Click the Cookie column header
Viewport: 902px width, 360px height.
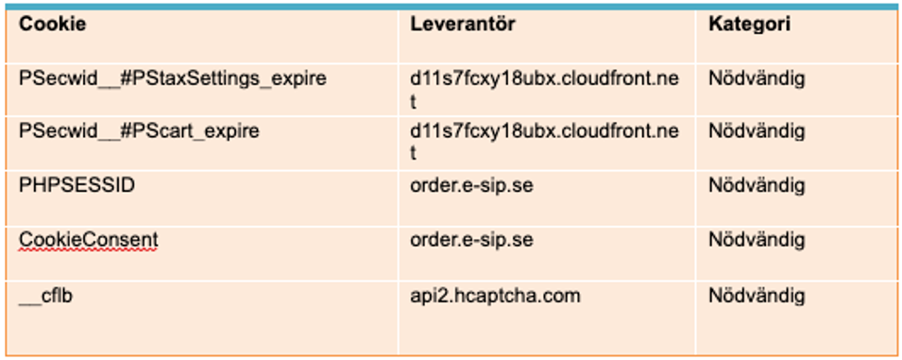pos(52,25)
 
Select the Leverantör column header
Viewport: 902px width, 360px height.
pos(463,25)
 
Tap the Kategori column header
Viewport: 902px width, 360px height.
pos(749,25)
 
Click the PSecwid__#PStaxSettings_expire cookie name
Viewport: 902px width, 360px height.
pos(173,78)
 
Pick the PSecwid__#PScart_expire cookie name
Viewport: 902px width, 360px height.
pos(139,131)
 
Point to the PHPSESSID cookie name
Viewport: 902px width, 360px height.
pos(77,186)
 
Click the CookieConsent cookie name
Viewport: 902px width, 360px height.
pos(88,239)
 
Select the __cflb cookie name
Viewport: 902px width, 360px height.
pos(45,296)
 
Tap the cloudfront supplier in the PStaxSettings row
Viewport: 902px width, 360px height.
pos(544,89)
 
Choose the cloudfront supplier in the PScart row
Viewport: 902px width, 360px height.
pos(544,143)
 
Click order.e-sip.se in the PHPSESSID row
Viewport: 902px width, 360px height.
pos(471,186)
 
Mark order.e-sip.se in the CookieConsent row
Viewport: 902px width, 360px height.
pos(471,240)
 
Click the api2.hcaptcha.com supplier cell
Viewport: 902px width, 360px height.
pos(495,296)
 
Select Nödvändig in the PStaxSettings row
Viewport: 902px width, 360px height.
pos(757,78)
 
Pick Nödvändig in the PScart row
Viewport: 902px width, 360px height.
pos(757,132)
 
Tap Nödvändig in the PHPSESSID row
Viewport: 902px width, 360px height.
pos(757,186)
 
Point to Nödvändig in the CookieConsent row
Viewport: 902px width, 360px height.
pos(757,240)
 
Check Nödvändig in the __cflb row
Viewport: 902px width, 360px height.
pos(757,296)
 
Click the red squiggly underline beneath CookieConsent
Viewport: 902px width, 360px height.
pos(88,250)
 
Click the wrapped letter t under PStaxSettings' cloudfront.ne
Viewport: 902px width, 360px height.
pos(414,101)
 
